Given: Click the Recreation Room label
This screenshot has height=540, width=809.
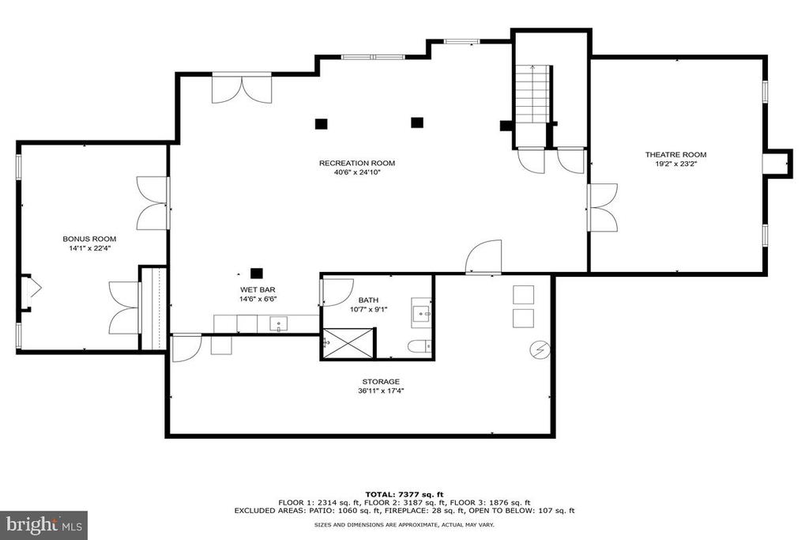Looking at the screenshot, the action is (357, 163).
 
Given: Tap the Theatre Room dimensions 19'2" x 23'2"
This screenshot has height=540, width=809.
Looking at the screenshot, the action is (676, 164).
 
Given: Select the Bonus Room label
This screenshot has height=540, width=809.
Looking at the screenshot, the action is (89, 239).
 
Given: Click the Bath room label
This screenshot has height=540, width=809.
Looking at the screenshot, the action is (368, 300).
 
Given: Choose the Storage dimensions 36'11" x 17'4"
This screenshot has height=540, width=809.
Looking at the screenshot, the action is (381, 391).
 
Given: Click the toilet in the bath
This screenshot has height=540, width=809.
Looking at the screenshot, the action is (419, 346).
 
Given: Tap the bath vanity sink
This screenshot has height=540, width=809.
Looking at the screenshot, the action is (422, 312).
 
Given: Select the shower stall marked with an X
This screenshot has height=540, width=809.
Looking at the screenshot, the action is (348, 342).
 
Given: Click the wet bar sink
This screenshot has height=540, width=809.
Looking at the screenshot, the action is (279, 324).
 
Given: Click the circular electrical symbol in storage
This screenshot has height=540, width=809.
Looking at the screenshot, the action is (540, 350).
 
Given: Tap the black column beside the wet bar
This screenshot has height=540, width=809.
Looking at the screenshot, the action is (257, 273).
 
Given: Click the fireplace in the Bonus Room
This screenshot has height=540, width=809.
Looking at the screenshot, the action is (29, 293).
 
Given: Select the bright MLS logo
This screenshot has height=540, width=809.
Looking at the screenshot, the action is (44, 525).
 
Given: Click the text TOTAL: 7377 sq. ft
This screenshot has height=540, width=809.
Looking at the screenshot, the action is (404, 494).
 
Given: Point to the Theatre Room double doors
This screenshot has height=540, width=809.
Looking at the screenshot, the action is (603, 207).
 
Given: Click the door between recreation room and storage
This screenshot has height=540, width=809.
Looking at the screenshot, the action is (484, 257).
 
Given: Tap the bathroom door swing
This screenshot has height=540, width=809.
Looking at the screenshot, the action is (337, 293).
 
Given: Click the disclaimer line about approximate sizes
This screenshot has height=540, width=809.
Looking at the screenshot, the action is (404, 524).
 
